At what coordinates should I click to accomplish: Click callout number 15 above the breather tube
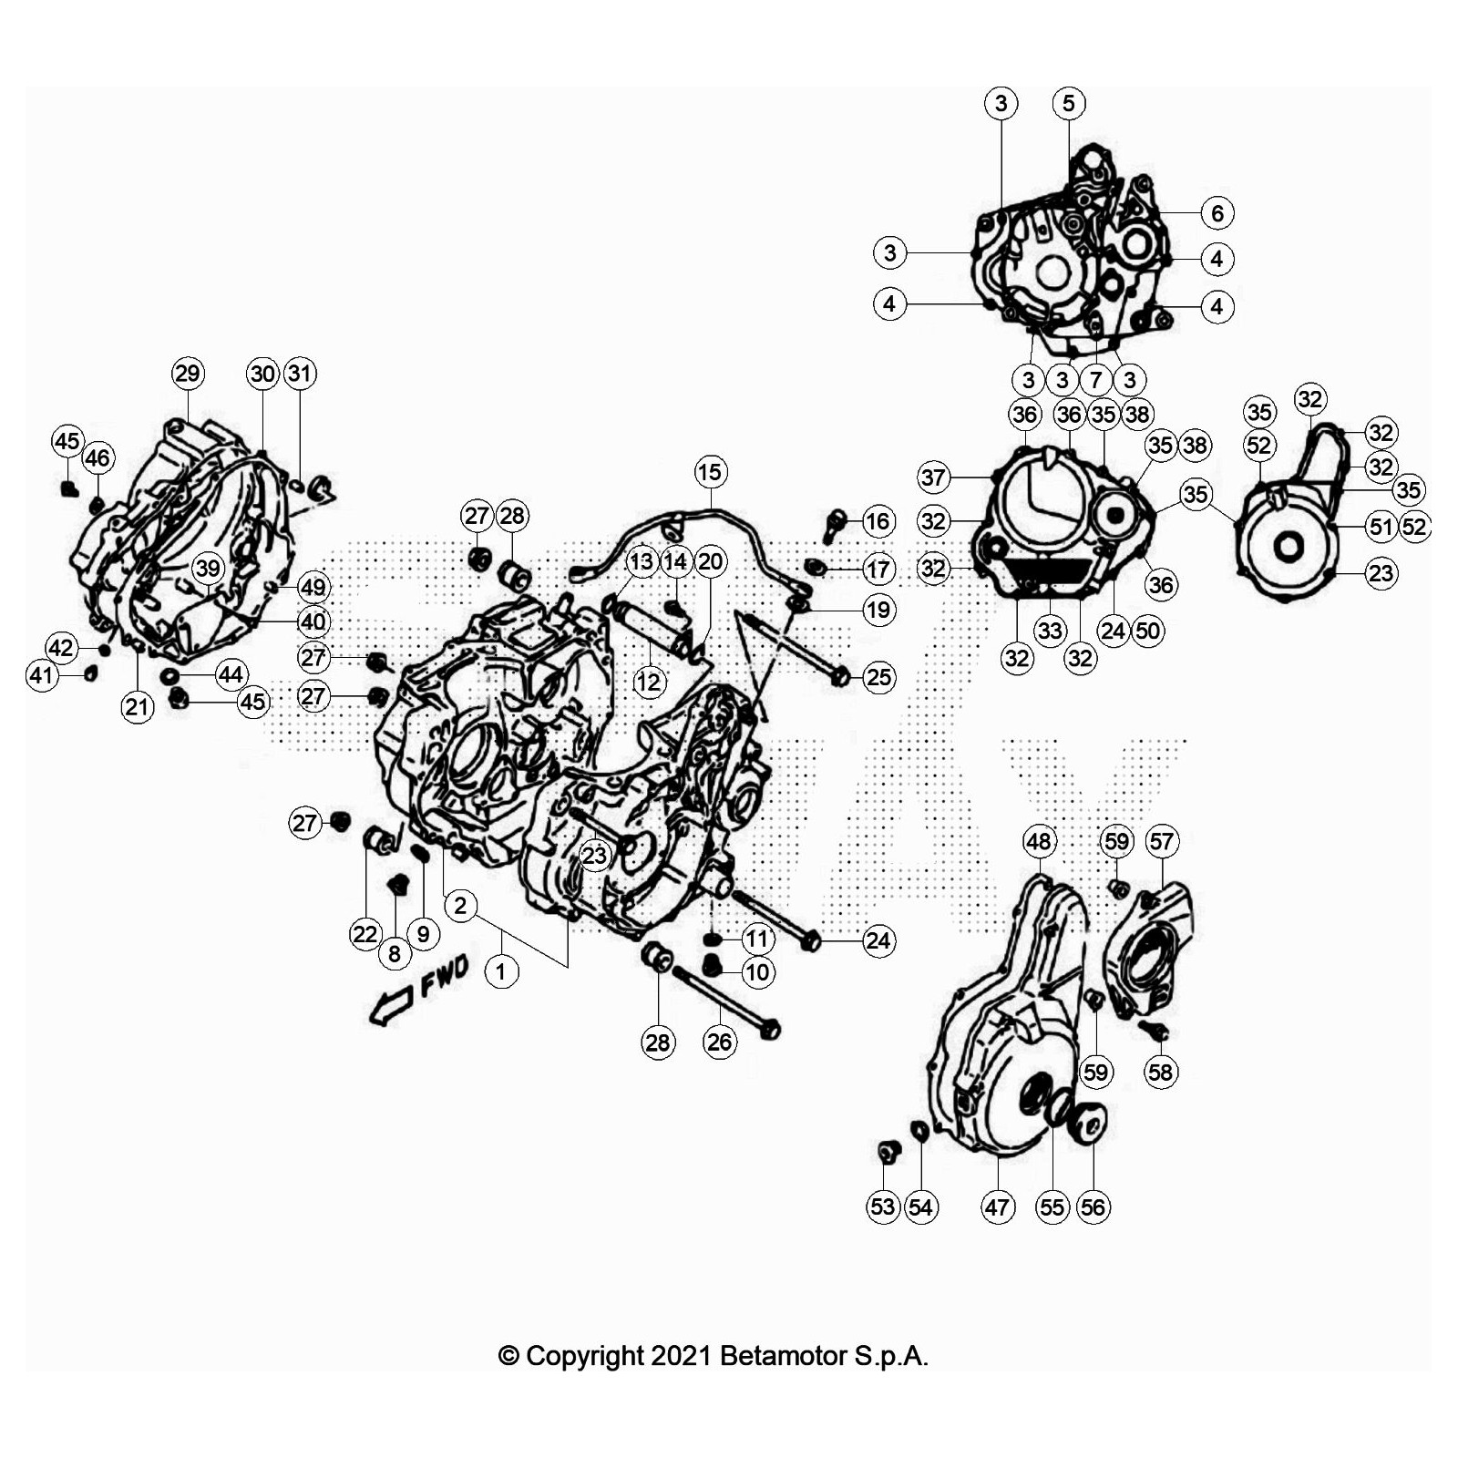point(710,472)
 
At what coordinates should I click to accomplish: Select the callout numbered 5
point(1069,103)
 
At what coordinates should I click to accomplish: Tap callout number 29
point(188,374)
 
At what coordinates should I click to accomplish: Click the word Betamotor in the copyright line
point(783,1356)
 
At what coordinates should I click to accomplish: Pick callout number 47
point(998,1207)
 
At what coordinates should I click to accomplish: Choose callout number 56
point(1093,1207)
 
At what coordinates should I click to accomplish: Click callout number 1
point(501,972)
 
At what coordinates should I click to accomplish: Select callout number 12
point(649,682)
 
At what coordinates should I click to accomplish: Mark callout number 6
point(1217,213)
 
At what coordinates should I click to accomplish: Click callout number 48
point(1040,841)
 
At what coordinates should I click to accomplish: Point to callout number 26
point(720,1042)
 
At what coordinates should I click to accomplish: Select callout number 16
point(878,521)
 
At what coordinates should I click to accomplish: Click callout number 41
point(42,675)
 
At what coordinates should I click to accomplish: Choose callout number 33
point(1051,631)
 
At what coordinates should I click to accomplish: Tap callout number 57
point(1162,841)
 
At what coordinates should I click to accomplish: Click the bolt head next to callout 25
point(841,677)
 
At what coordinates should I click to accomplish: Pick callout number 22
point(365,934)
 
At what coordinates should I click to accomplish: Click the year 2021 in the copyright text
point(682,1356)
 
